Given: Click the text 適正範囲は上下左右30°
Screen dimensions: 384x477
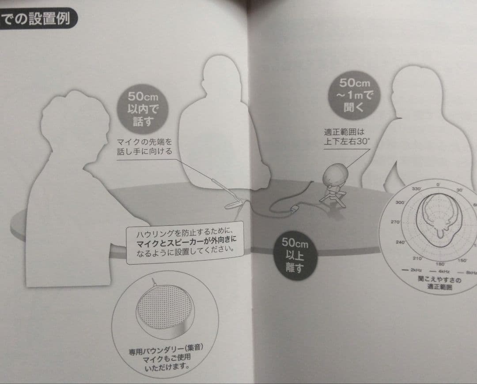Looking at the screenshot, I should click(346, 136).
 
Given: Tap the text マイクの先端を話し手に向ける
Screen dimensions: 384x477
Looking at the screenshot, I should click(144, 147).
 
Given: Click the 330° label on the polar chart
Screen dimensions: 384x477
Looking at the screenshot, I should click(416, 188).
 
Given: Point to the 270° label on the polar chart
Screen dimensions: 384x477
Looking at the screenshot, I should click(395, 221).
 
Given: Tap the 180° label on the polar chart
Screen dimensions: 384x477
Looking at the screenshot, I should click(439, 264).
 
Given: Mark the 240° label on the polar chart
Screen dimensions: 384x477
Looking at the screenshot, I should click(401, 242).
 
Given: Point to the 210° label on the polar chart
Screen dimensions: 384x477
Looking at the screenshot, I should click(417, 258).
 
